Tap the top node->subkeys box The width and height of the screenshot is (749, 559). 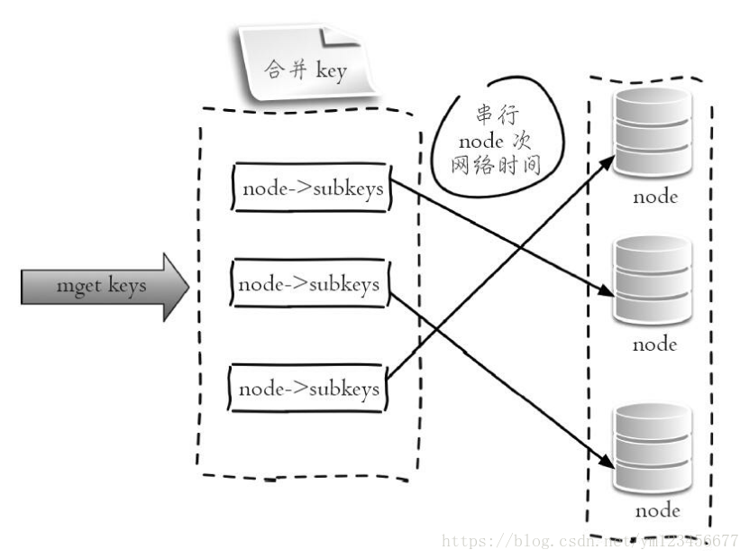click(312, 188)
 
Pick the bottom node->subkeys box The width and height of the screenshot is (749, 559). click(307, 389)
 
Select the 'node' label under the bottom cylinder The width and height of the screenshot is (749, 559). click(656, 510)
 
